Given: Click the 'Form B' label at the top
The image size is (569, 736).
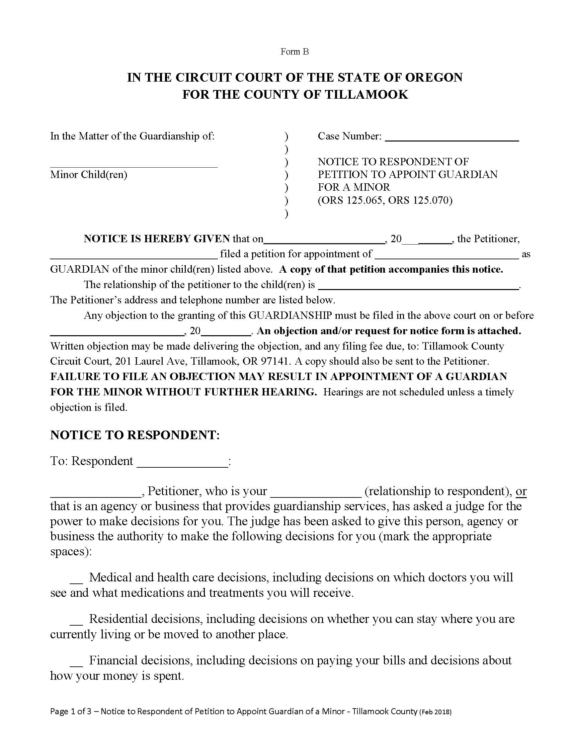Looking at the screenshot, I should click(294, 52).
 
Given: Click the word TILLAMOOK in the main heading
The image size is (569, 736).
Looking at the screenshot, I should click(366, 94).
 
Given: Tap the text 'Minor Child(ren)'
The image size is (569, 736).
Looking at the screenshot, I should click(89, 175).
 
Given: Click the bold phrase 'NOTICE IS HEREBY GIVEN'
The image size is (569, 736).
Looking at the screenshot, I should click(157, 239).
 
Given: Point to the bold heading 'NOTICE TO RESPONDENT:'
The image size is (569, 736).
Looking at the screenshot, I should click(135, 435).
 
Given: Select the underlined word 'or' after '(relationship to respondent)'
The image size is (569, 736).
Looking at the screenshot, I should click(521, 491).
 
